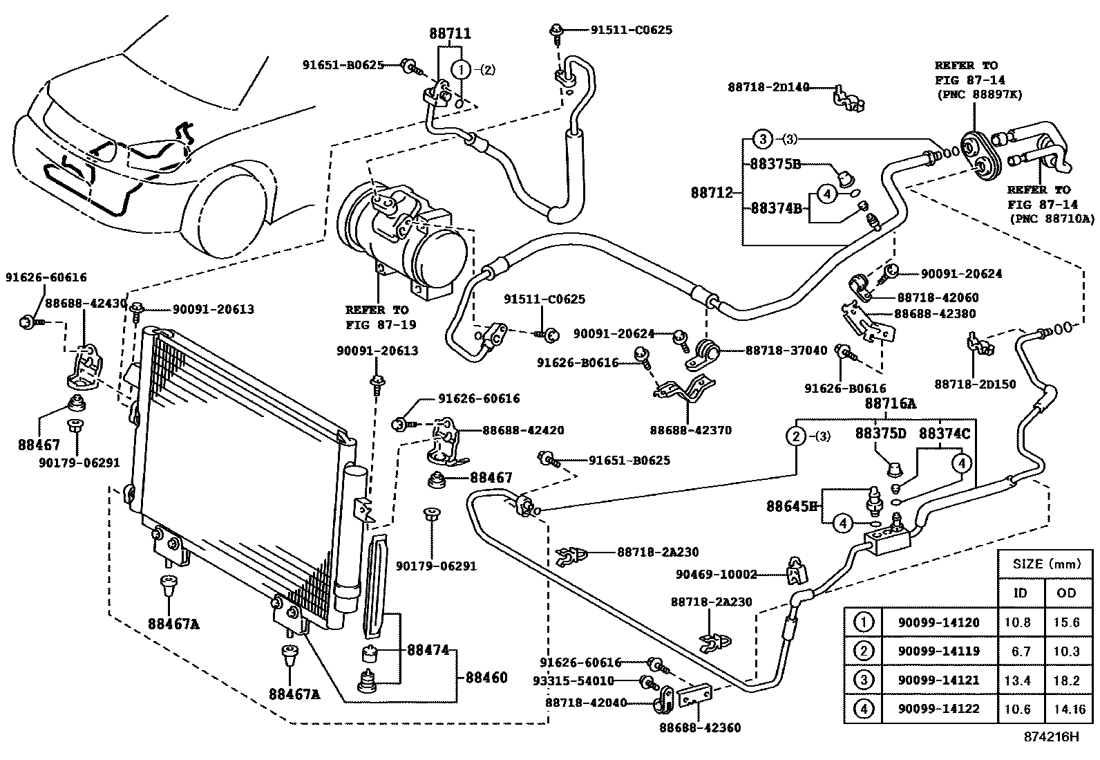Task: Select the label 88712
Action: coord(712,193)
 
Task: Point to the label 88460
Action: coord(486,677)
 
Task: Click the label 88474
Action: coord(428,650)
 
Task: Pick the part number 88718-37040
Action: coord(786,351)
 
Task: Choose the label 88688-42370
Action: coord(690,430)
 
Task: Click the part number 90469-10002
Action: coord(716,574)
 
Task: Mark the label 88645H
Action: coord(791,506)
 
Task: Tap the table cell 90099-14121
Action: coord(938,680)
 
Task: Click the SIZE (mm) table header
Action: coord(1047,564)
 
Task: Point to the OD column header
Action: coord(1067,593)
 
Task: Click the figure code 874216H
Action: coord(1051,736)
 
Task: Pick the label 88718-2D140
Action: coord(768,87)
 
